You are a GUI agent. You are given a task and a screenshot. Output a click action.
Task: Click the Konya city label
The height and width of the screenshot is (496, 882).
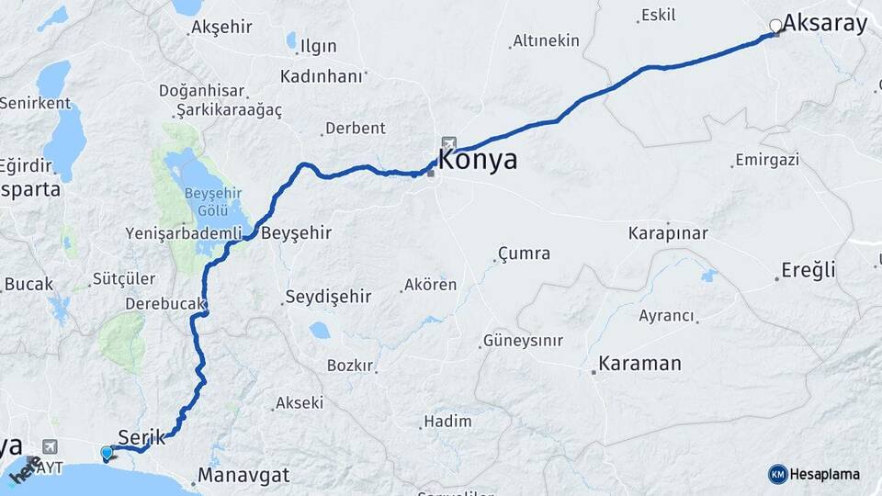coord(478,160)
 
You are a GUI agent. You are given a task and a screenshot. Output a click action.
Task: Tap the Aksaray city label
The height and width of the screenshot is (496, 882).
coord(825,24)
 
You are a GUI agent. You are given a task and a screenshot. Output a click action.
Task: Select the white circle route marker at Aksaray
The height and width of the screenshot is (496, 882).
coord(776,26)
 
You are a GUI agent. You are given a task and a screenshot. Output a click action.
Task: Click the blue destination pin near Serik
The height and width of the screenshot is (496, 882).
coord(107,452)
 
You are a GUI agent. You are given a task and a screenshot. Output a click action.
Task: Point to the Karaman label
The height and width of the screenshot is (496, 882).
coord(639,364)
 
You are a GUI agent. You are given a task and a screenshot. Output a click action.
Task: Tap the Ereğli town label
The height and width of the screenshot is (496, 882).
coord(808,270)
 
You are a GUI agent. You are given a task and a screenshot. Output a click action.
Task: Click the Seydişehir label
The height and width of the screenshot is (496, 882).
coord(328,297)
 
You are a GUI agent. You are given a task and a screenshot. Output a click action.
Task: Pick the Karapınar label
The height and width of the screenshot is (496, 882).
coord(668,233)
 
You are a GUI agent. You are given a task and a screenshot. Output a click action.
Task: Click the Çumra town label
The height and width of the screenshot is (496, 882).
coord(524,254)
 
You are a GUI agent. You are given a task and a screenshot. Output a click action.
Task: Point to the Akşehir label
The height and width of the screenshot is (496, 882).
coord(221,28)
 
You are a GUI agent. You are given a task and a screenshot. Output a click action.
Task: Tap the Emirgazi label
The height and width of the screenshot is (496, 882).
coord(767,160)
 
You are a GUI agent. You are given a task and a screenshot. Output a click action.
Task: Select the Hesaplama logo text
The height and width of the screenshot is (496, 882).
coord(825,474)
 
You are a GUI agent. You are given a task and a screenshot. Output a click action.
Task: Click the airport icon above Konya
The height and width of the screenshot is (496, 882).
coord(448,142)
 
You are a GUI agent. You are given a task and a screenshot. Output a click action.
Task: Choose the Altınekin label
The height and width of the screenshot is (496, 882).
coord(547,40)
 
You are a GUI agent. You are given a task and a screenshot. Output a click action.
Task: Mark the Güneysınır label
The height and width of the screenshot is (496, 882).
coord(524,341)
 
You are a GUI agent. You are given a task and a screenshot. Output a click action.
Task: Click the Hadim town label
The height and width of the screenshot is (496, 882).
coord(447,422)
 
